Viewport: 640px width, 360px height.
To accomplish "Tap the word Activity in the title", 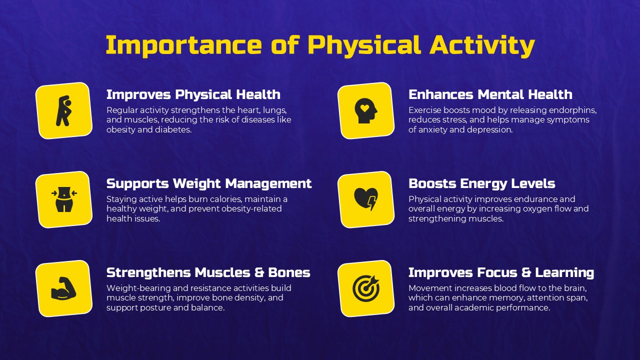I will tap(482, 45).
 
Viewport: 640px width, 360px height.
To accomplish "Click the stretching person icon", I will tap(63, 110).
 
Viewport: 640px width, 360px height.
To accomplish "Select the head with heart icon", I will tap(365, 110).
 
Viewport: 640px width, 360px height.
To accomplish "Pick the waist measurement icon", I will tap(63, 199).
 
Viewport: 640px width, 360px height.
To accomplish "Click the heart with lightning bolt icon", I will tap(365, 199).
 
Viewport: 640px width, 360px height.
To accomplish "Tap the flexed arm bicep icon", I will tap(63, 288).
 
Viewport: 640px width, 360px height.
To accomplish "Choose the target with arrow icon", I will tap(365, 288).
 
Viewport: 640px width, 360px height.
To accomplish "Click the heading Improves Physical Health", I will tap(193, 94).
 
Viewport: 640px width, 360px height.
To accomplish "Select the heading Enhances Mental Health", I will tap(490, 94).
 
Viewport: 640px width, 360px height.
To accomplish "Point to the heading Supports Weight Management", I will tap(209, 183).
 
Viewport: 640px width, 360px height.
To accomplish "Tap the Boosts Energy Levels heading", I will tap(481, 183).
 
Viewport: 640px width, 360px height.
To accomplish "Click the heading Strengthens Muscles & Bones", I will tap(208, 272).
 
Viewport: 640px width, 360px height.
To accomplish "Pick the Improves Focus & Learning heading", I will tap(501, 272).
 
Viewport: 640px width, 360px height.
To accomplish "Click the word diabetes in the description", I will tap(175, 129).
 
